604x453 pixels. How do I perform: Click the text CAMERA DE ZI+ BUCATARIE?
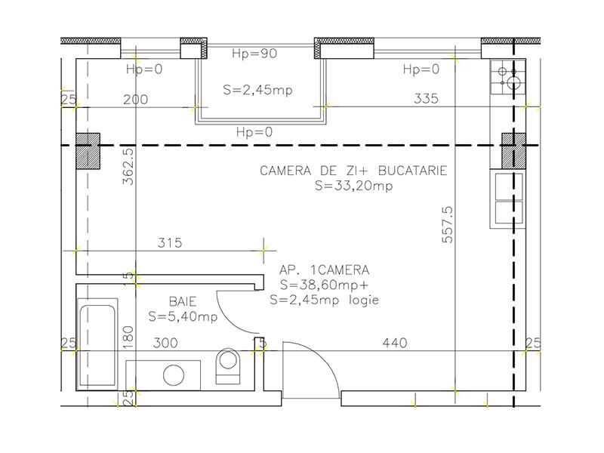coord(353,171)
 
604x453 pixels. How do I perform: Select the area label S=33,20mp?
coord(353,186)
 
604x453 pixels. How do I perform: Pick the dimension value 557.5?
coord(447,224)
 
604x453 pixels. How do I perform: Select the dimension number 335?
coord(427,99)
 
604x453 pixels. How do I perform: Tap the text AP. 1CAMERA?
coord(324,270)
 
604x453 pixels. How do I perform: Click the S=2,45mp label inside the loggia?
coord(257,89)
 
